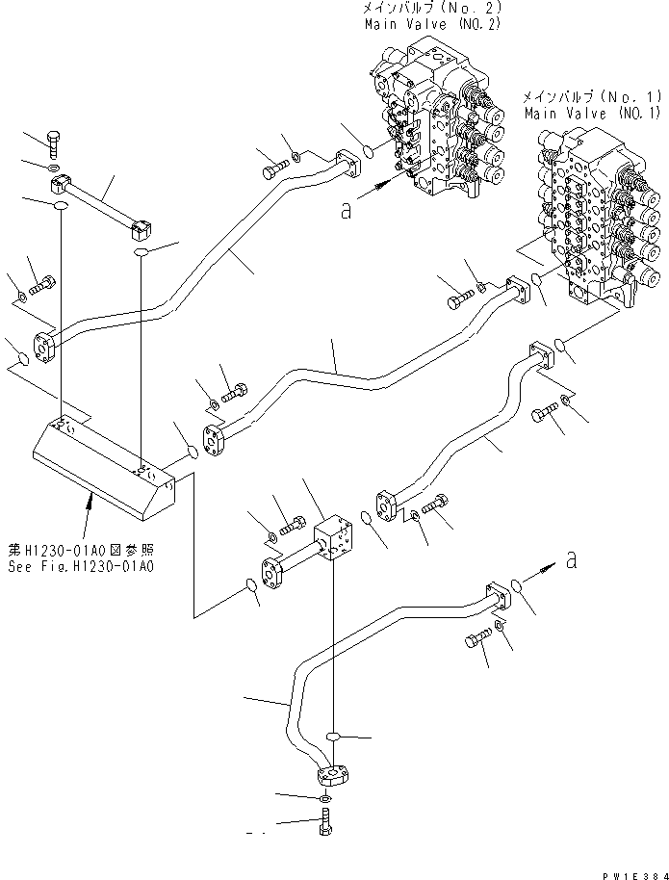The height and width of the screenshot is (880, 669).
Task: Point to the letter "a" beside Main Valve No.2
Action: click(346, 212)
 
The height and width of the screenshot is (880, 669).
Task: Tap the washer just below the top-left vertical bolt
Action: click(57, 170)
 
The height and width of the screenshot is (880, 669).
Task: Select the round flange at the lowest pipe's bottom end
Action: click(331, 773)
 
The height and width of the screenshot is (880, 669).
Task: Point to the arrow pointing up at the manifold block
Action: click(92, 501)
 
